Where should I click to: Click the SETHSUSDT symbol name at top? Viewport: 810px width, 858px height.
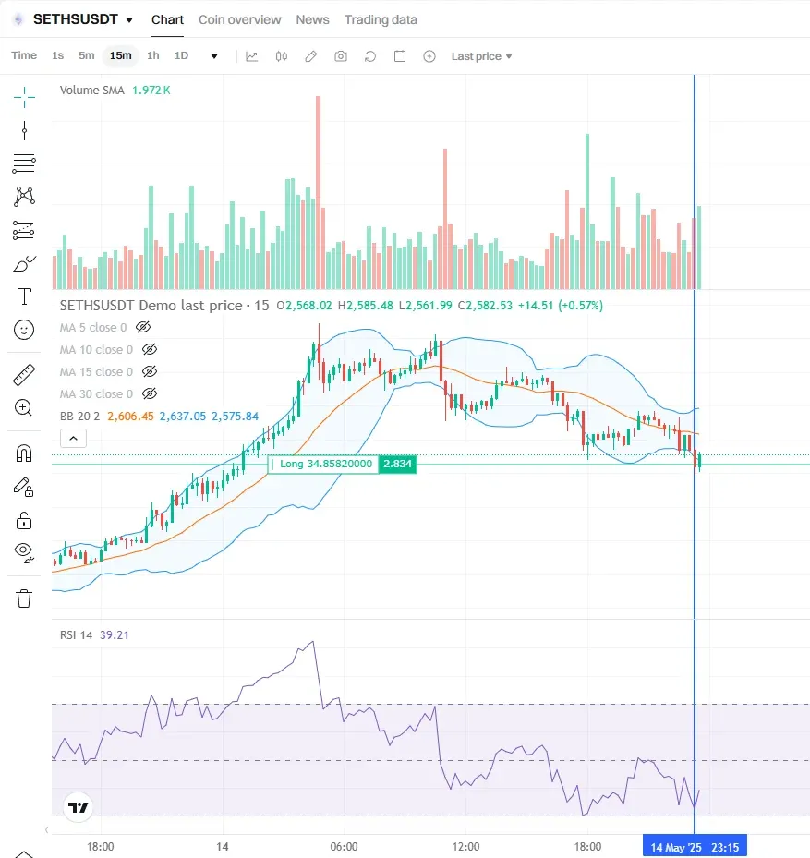(x=75, y=19)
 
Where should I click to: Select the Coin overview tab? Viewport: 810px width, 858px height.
(x=239, y=19)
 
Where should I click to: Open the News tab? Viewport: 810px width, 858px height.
(x=312, y=19)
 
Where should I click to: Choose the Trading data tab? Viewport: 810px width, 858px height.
(x=381, y=19)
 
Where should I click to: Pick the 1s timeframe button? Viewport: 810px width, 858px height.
(x=58, y=55)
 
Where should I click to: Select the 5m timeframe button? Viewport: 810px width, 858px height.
(x=86, y=55)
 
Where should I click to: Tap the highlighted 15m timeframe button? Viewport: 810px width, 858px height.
(x=120, y=55)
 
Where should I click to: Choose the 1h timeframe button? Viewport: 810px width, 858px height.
(x=153, y=55)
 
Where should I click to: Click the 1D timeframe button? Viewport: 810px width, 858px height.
(x=182, y=55)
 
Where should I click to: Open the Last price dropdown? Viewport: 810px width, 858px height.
(x=481, y=56)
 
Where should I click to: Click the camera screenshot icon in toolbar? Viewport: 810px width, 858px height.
(x=341, y=56)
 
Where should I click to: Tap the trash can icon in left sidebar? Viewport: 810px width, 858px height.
(x=24, y=598)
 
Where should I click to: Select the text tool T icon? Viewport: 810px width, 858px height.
(x=24, y=296)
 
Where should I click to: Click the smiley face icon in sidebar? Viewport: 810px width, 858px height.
(x=24, y=329)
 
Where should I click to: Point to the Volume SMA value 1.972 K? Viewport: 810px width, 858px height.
(x=151, y=90)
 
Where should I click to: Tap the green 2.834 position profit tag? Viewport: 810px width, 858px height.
(x=397, y=464)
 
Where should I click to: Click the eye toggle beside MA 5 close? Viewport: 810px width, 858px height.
(x=142, y=327)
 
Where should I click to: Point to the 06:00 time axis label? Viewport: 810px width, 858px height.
(x=344, y=846)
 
